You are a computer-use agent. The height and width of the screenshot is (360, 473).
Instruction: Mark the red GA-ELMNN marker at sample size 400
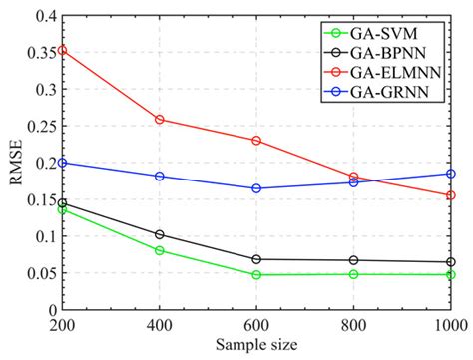[160, 120]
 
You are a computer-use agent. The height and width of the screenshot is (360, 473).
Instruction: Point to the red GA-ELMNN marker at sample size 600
[257, 141]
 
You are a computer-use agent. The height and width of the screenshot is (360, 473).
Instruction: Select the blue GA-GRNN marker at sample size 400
[160, 177]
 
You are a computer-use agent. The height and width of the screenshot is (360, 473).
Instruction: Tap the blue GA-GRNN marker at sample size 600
[257, 188]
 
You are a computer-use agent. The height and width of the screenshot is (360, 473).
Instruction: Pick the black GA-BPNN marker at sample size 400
[160, 235]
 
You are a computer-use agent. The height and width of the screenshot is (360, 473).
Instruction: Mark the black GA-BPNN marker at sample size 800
[354, 260]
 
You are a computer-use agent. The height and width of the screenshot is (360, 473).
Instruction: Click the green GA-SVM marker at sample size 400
[160, 250]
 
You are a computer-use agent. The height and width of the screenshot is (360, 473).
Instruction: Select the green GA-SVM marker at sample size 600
[257, 275]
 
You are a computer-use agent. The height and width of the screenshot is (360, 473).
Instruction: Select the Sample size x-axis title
[256, 345]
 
